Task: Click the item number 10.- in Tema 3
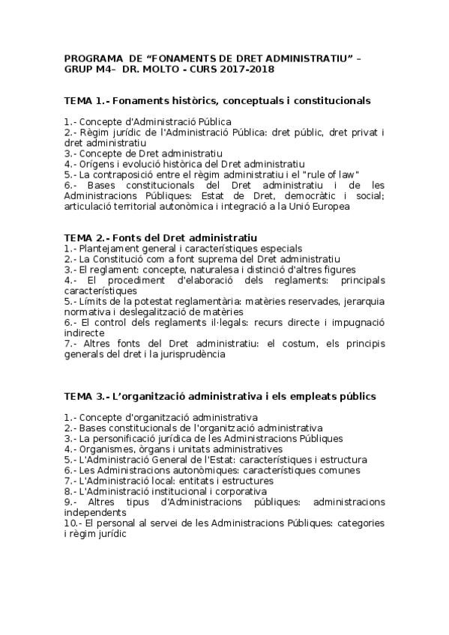pyautogui.click(x=73, y=523)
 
